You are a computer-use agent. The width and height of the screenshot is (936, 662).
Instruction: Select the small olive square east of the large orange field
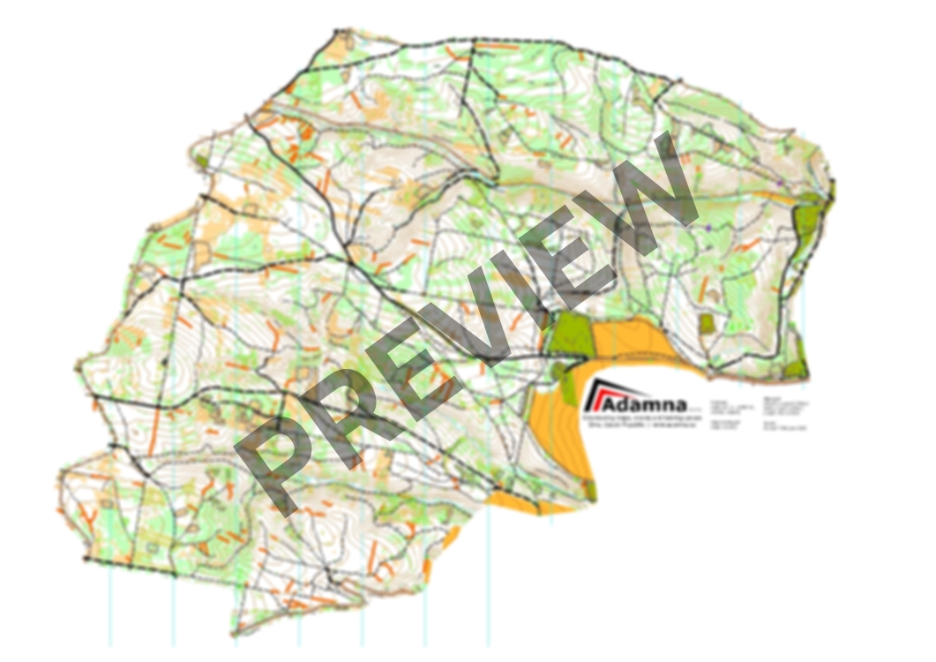click(x=707, y=324)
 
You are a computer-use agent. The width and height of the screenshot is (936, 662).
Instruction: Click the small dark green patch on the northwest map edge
click(x=201, y=162)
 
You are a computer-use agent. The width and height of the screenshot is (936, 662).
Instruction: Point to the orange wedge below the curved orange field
click(x=529, y=504)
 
